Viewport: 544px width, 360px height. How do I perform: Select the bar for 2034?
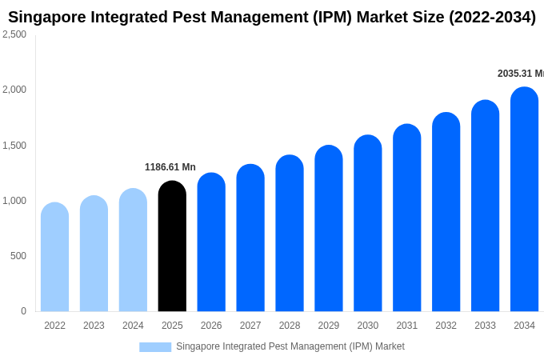click(524, 200)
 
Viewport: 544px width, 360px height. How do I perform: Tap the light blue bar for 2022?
click(54, 258)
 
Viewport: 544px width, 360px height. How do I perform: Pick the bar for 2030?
click(368, 224)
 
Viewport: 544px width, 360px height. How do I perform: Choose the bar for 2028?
click(290, 234)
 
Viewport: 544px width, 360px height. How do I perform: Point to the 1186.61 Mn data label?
click(170, 167)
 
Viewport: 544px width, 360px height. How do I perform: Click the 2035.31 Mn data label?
click(520, 74)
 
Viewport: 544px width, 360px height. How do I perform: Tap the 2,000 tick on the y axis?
click(14, 90)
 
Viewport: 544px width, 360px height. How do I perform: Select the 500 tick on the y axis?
click(18, 256)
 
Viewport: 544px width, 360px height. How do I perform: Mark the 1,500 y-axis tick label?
click(14, 146)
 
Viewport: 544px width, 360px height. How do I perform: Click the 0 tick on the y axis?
click(23, 311)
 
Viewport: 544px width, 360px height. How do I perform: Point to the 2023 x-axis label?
click(94, 326)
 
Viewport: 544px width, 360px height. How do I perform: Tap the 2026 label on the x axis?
click(211, 326)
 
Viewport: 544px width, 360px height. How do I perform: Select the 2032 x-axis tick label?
click(446, 326)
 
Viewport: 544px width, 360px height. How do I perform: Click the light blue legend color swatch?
click(155, 347)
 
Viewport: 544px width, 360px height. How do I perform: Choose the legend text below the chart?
click(290, 346)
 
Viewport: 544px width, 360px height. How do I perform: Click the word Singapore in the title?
click(46, 17)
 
